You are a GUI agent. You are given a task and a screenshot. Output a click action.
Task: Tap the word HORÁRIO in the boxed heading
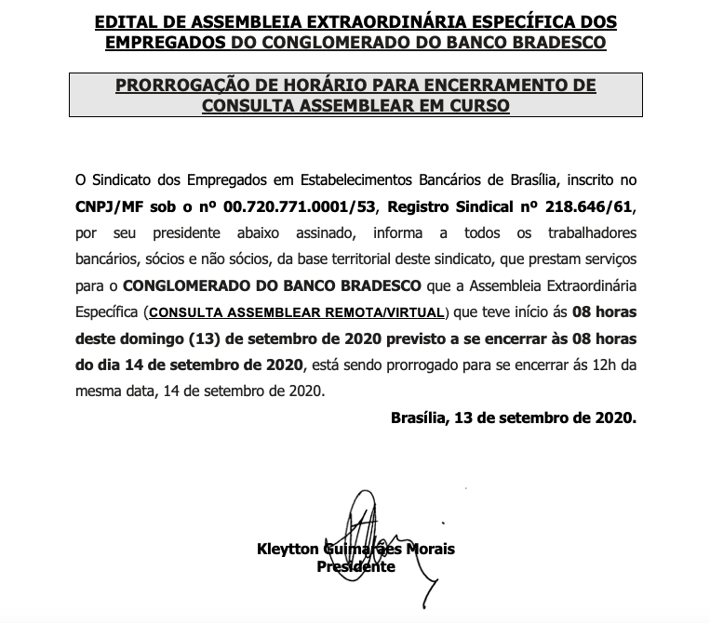(x=317, y=86)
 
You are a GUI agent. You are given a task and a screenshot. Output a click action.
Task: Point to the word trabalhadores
(x=589, y=230)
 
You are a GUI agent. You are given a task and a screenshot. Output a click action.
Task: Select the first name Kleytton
(x=288, y=550)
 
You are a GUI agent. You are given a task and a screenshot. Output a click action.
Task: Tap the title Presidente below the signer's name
(x=356, y=566)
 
